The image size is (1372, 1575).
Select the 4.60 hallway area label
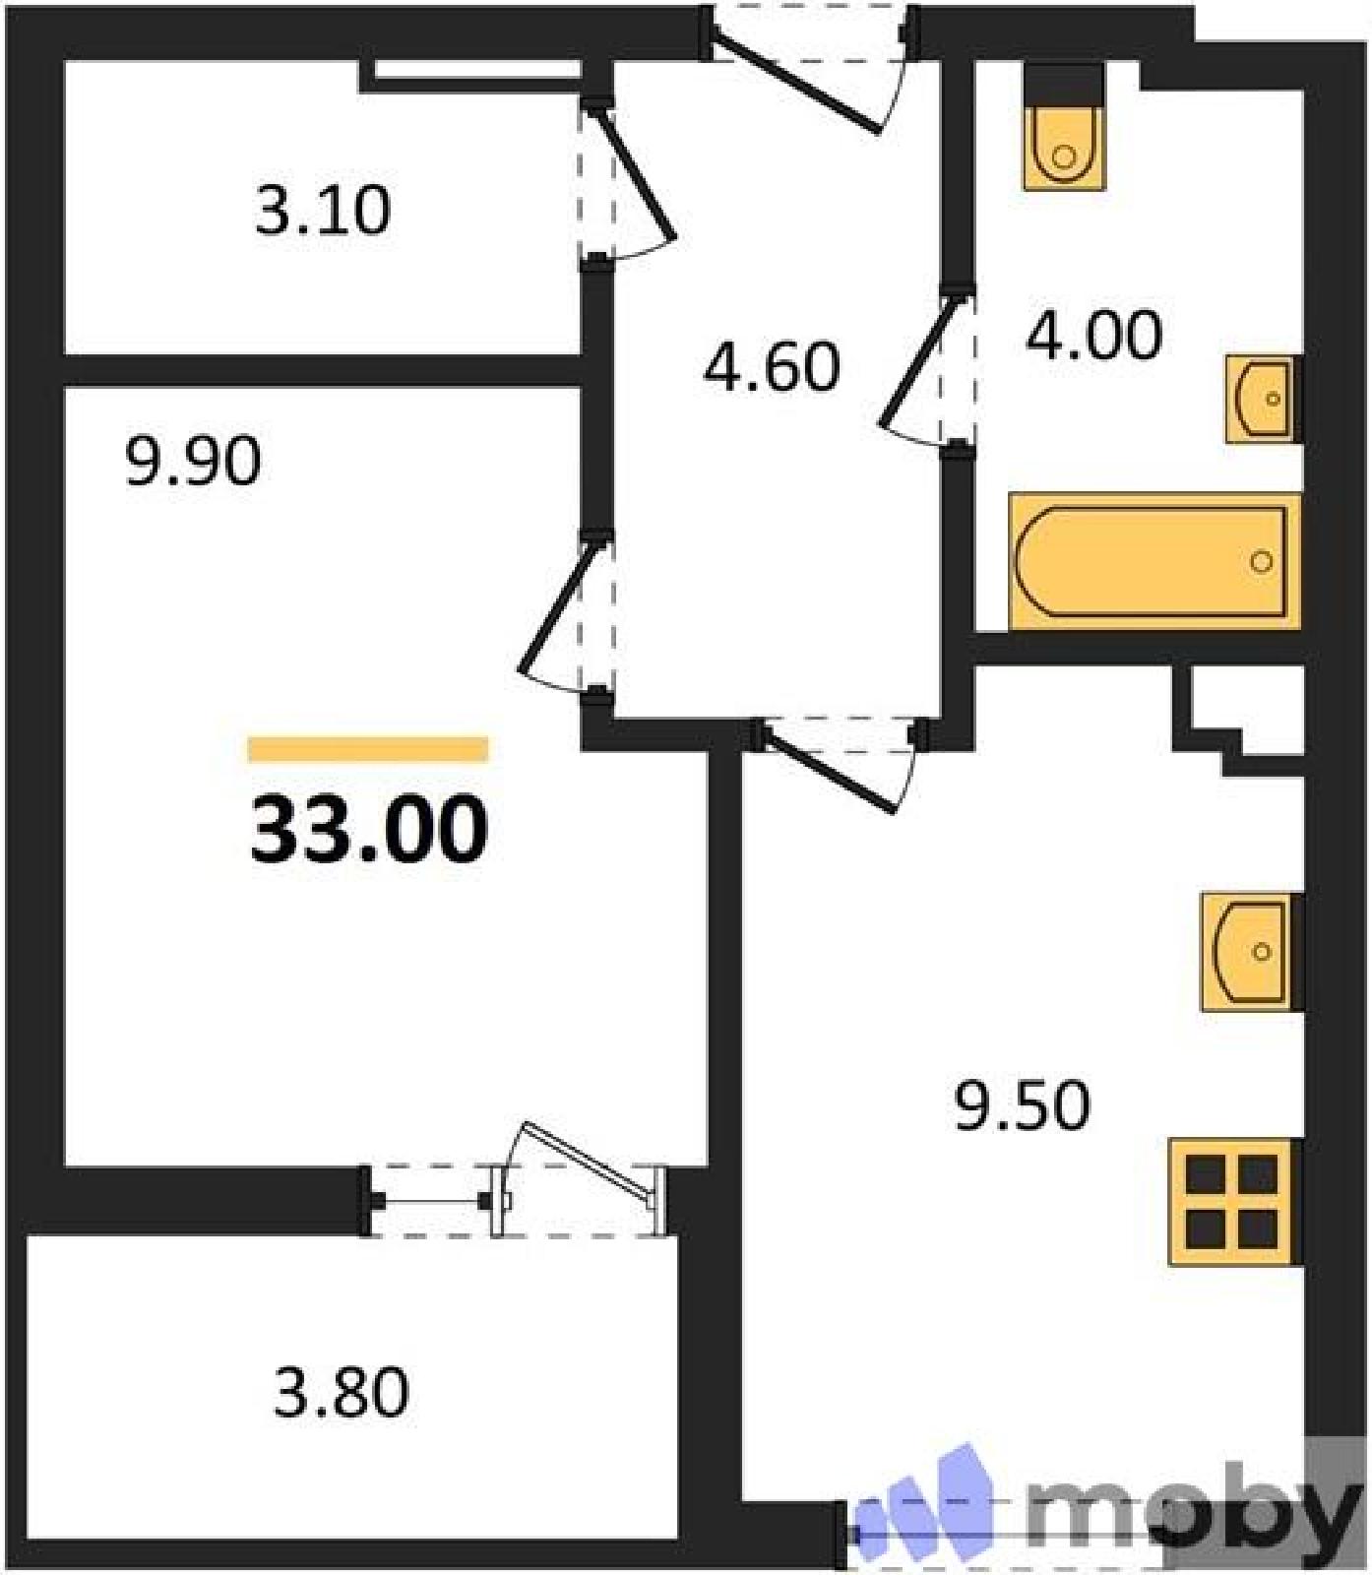pyautogui.click(x=772, y=366)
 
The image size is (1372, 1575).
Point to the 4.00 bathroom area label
pyautogui.click(x=1093, y=335)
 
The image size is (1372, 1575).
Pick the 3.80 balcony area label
pyautogui.click(x=341, y=1392)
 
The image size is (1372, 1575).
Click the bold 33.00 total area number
pyautogui.click(x=369, y=830)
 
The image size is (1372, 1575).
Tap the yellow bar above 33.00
pyautogui.click(x=368, y=749)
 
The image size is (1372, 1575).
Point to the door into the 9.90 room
pyautogui.click(x=567, y=615)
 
